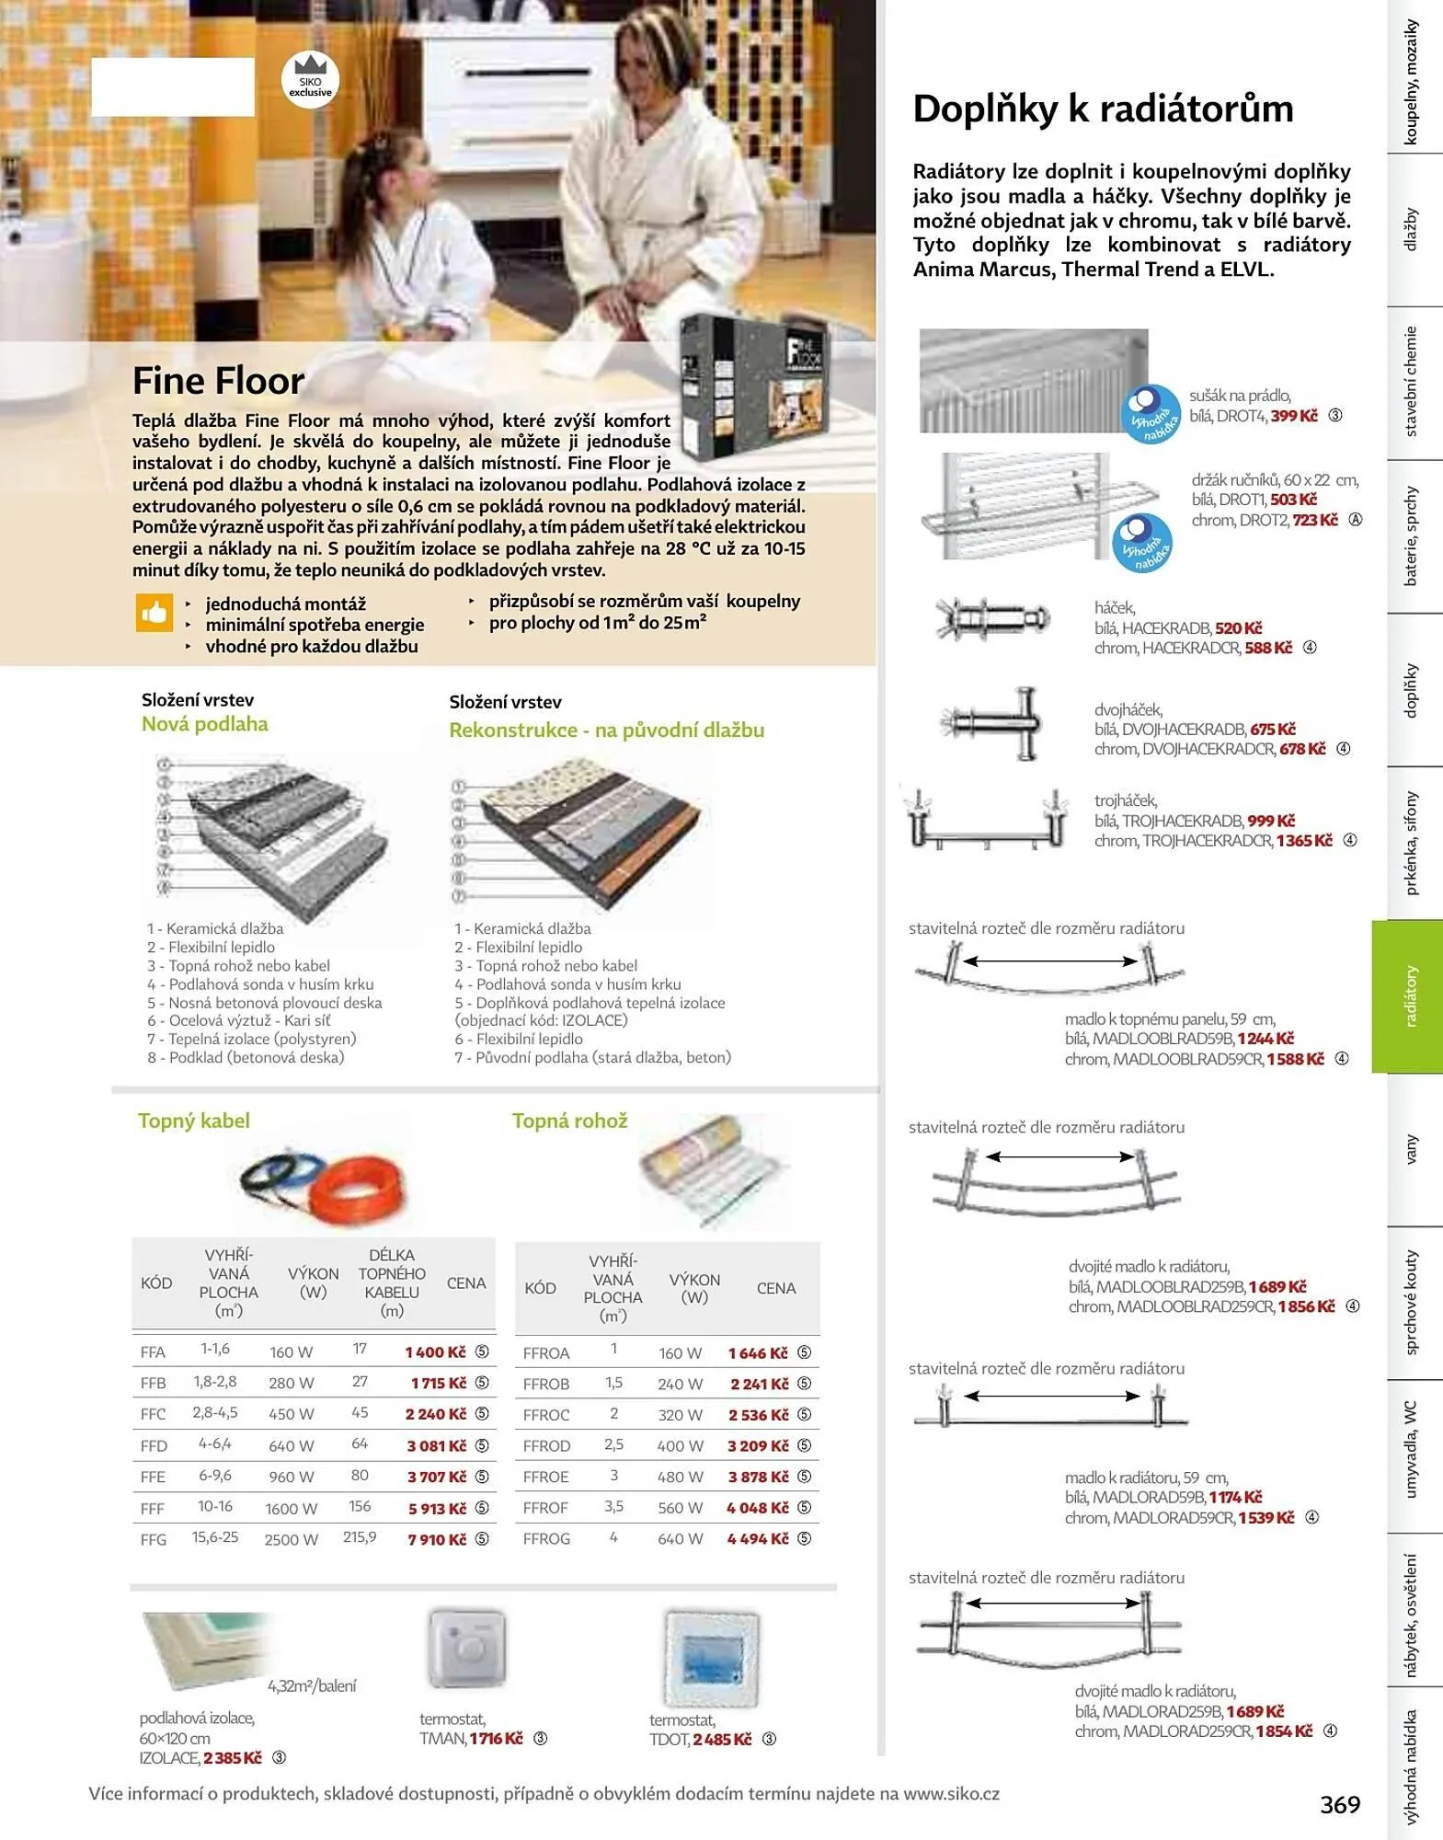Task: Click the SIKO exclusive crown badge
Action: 310,79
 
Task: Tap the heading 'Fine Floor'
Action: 218,380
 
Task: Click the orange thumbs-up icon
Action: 155,613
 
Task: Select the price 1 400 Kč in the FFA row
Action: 436,1351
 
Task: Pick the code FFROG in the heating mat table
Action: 546,1538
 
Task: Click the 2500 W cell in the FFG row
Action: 291,1539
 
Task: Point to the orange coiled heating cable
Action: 355,1188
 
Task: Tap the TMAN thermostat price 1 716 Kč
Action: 496,1738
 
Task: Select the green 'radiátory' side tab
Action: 1407,996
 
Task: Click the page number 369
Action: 1340,1804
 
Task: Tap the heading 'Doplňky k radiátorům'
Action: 1103,109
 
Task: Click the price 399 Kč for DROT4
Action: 1294,416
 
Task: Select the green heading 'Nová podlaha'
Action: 205,724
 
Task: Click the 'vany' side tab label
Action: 1411,1149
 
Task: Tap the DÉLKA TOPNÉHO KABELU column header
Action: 392,1282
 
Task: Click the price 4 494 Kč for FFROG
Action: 758,1538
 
